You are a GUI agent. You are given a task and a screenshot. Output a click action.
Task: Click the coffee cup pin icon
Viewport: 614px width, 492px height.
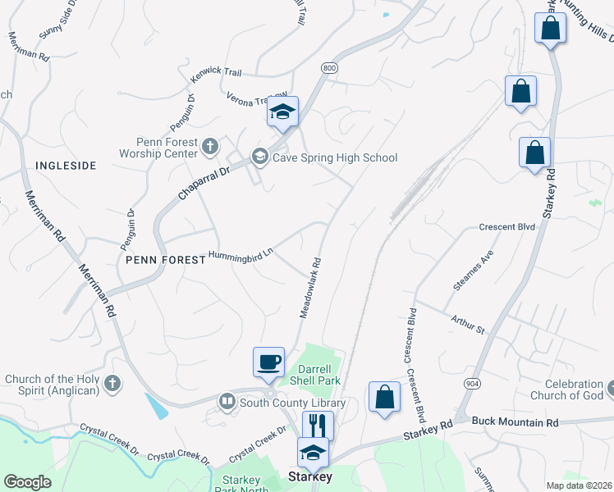coord(268,362)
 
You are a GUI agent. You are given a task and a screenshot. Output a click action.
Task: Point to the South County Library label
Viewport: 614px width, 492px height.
coord(291,403)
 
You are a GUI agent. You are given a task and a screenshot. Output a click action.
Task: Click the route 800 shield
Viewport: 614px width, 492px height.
coord(329,69)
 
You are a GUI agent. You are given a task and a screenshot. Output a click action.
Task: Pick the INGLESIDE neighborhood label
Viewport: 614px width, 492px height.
coord(66,166)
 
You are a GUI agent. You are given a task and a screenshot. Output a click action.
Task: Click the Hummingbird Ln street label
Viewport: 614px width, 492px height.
coord(241,256)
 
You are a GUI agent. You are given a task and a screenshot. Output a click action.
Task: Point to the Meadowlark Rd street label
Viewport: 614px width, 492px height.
coord(309,289)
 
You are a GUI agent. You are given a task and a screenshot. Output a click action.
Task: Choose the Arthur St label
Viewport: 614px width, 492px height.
coord(468,323)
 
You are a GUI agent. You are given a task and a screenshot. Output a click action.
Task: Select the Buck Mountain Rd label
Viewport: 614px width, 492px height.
coord(515,422)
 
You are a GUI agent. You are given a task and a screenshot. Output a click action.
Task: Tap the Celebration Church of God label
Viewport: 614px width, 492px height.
coord(579,389)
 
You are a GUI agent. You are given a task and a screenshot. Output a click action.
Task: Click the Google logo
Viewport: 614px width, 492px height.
coord(27,482)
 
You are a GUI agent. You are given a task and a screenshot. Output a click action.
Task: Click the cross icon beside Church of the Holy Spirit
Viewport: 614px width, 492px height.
coord(112,383)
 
